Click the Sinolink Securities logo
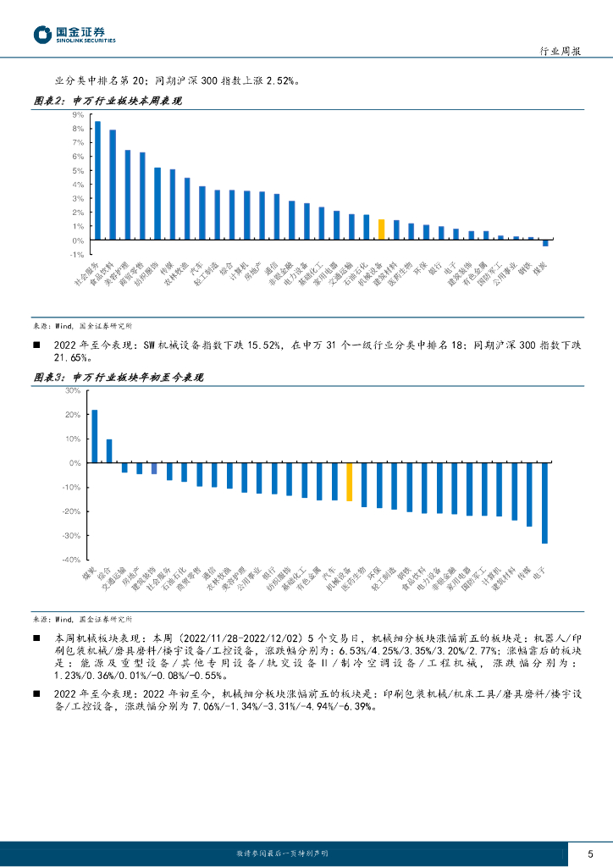74,34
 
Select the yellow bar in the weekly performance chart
382,229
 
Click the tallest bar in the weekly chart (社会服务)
97,180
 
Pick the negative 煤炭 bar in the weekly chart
545,243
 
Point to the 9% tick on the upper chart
78,114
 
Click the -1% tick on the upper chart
77,255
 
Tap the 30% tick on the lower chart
74,391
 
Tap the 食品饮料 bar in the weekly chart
113,185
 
